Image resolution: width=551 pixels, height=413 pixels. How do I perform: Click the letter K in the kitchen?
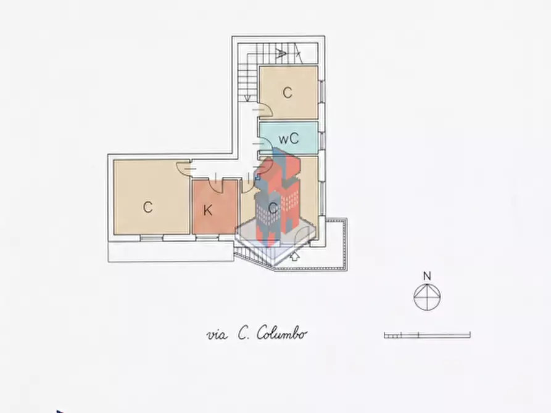pos(208,210)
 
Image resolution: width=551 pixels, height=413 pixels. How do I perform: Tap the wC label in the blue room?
pos(289,138)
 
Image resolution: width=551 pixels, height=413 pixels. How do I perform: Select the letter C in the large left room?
pos(148,207)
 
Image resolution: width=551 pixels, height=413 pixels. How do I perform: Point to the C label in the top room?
pos(288,92)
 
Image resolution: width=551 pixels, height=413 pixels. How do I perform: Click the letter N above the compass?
pos(427,276)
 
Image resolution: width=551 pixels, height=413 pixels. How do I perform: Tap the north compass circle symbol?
pos(427,297)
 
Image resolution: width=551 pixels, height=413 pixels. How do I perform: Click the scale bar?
pos(427,335)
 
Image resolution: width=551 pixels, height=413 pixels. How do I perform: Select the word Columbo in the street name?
pos(281,333)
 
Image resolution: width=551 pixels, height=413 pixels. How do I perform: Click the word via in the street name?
pos(217,335)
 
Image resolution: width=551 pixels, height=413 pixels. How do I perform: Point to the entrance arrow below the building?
pos(294,256)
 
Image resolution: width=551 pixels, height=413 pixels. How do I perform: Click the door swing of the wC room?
pos(264,144)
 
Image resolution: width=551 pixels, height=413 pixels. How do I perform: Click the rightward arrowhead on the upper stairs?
pos(281,54)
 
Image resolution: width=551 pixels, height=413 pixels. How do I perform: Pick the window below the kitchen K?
pos(207,238)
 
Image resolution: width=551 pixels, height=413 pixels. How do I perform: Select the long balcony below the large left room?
pos(171,251)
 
